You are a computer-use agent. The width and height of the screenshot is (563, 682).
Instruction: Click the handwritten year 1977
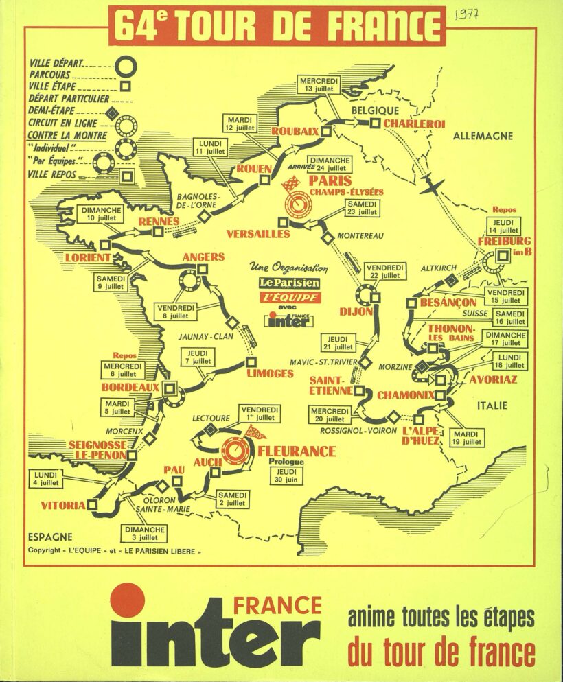click(x=467, y=16)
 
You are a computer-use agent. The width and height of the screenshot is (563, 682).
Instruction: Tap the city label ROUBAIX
click(x=295, y=131)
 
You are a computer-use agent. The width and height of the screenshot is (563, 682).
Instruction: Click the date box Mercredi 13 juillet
click(x=319, y=84)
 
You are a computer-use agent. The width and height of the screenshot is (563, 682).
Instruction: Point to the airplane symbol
click(x=433, y=186)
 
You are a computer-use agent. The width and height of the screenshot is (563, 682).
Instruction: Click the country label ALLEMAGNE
click(x=483, y=136)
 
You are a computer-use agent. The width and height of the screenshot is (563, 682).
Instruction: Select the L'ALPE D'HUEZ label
click(x=421, y=435)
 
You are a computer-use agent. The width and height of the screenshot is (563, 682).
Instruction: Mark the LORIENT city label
click(x=88, y=257)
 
